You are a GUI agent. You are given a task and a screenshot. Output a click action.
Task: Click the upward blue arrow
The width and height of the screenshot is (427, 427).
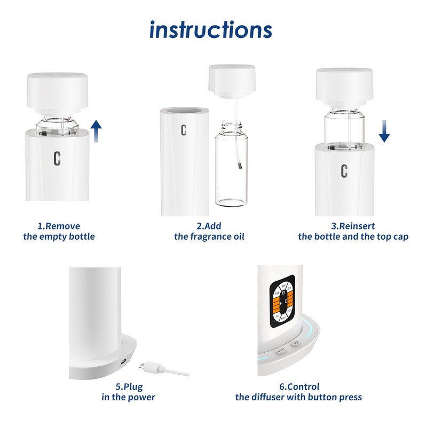click(x=96, y=131)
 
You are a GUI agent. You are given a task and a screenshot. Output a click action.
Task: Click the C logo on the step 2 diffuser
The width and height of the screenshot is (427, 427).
click(x=184, y=130)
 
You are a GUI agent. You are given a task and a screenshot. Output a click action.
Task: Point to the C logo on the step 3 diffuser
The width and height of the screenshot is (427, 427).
click(x=344, y=171)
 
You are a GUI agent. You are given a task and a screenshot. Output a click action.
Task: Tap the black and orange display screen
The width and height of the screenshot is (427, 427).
click(x=281, y=302)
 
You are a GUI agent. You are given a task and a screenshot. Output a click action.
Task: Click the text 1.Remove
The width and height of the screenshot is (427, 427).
click(x=59, y=226)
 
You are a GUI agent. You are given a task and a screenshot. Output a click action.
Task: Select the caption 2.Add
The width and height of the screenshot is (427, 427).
click(x=209, y=226)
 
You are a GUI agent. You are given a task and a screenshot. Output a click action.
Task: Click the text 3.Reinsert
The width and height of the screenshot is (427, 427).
click(x=353, y=226)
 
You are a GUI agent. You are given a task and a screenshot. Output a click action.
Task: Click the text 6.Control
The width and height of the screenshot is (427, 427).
click(x=299, y=386)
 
